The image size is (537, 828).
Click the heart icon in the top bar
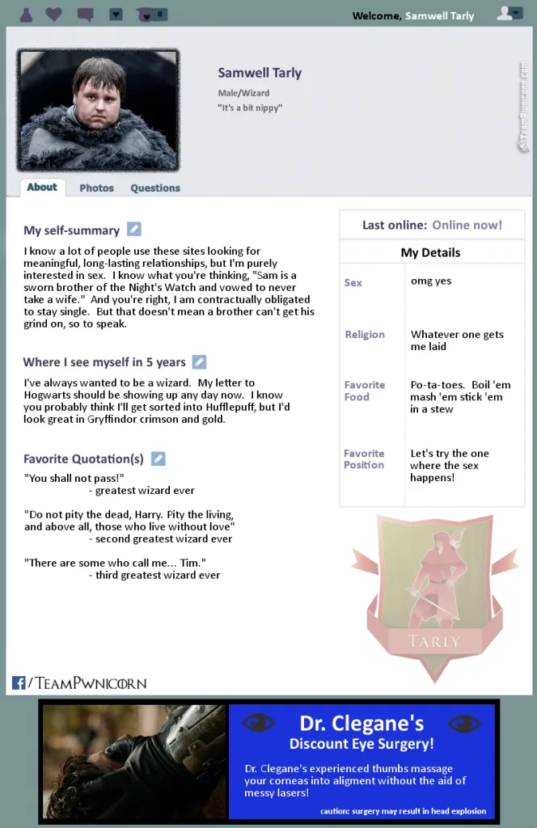53,14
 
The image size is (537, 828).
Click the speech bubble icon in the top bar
85,14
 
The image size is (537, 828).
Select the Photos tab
96,188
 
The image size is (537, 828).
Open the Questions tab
155,188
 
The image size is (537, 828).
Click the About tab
42,187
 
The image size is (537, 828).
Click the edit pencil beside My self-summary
134,230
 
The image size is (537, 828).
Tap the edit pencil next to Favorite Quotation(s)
159,458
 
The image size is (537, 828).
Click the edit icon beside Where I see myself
199,361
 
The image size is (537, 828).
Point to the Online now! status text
467,225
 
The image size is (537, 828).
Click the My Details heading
430,252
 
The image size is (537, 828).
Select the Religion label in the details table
365,334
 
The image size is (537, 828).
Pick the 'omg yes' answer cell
431,281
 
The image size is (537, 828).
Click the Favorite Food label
365,391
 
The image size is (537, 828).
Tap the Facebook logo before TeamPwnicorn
19,683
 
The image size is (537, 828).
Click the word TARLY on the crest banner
434,642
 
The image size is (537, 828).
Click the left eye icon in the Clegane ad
259,722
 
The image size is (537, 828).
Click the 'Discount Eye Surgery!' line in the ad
362,743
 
